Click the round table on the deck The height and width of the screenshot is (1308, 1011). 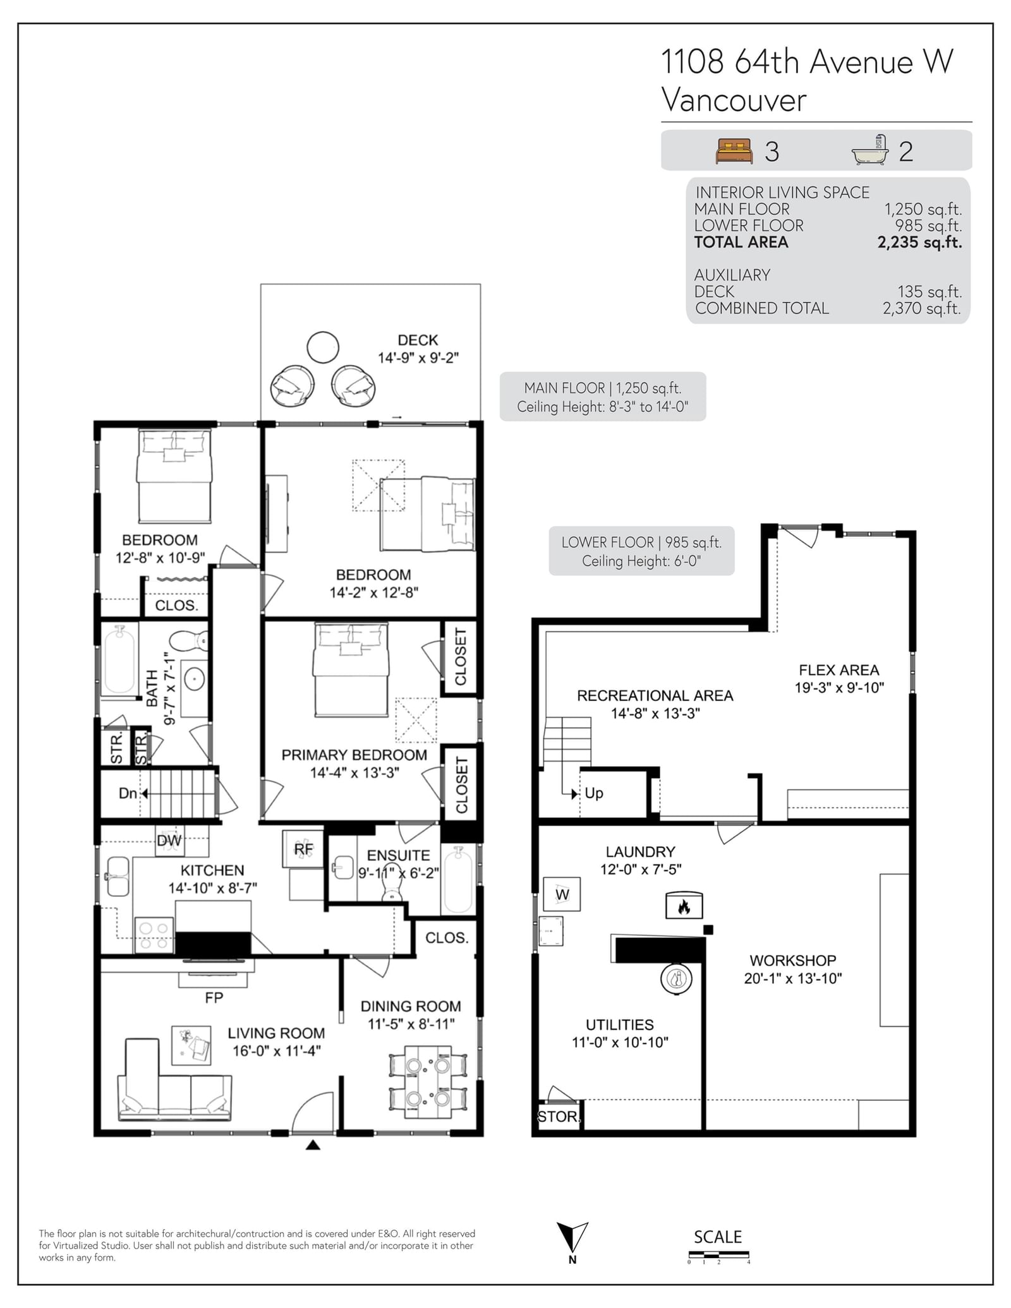point(323,347)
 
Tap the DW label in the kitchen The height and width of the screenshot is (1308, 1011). point(169,841)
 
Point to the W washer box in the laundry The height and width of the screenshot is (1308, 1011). point(562,894)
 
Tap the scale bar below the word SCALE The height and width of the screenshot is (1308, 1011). point(718,1254)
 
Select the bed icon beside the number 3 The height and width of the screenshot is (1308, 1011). point(734,151)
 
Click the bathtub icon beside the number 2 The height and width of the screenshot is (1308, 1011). point(870,150)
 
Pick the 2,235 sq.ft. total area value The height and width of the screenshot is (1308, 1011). point(919,242)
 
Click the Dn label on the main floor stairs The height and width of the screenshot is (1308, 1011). point(128,793)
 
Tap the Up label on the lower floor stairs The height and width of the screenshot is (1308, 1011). point(594,793)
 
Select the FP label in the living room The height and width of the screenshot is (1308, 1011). point(214,997)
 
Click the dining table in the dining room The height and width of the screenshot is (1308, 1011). point(428,1082)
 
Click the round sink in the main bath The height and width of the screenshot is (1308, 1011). point(195,679)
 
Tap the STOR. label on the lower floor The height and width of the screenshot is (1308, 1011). point(558,1116)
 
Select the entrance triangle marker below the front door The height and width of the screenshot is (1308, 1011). point(313,1144)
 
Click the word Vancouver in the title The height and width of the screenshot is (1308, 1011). point(734,100)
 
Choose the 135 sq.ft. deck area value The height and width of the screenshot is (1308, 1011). point(929,291)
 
